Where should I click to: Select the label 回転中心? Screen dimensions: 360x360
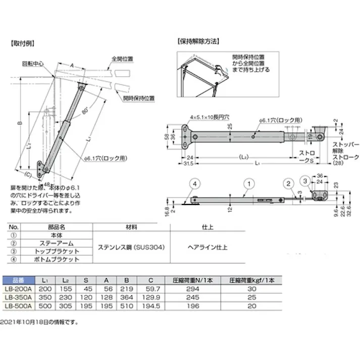point(32,64)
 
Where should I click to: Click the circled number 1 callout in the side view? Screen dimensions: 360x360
point(247,182)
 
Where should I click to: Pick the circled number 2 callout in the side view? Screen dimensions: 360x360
point(286,183)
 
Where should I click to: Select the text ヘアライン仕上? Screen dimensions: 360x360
point(207,247)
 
